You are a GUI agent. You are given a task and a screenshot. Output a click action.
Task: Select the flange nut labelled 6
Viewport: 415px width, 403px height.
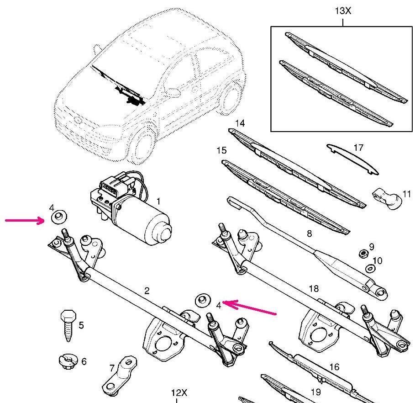tap(67, 361)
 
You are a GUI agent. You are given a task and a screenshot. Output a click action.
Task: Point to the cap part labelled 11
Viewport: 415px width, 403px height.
tap(387, 198)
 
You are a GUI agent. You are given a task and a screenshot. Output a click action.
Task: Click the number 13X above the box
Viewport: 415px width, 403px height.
tap(342, 10)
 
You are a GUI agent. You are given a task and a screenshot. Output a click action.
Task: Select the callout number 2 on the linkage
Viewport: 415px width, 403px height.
tap(147, 291)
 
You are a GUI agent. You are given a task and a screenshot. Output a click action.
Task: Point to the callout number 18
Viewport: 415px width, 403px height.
tap(314, 289)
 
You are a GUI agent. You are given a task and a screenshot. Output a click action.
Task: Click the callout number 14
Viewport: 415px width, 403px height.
tap(240, 123)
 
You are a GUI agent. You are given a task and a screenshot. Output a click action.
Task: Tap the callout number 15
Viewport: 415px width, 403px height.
tap(221, 150)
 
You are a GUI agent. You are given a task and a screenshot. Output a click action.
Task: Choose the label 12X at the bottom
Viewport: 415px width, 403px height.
tap(179, 393)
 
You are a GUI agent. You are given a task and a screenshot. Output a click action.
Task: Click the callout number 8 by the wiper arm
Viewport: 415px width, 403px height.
tap(309, 234)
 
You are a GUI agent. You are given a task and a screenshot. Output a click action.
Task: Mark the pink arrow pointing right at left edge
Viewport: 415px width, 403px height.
tap(25, 222)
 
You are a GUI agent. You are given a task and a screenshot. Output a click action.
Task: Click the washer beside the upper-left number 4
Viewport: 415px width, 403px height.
tap(58, 217)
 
